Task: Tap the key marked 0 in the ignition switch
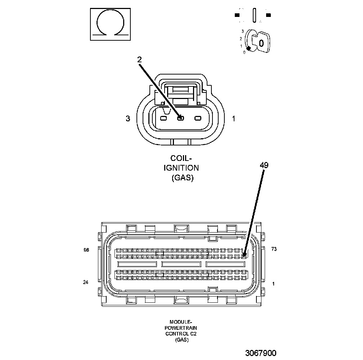[x=261, y=43]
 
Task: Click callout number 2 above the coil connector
[x=139, y=60]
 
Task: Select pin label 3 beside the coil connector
[x=128, y=118]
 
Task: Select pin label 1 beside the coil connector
[x=234, y=118]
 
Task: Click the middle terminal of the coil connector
[x=180, y=118]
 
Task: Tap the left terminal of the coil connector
[x=163, y=118]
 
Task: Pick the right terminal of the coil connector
[x=198, y=118]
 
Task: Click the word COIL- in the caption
[x=181, y=158]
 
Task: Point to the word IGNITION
[x=181, y=168]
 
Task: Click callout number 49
[x=264, y=166]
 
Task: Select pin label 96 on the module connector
[x=86, y=250]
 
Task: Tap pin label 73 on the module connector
[x=274, y=249]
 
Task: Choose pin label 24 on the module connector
[x=85, y=282]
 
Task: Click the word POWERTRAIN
[x=181, y=328]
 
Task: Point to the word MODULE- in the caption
[x=181, y=322]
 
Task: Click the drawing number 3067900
[x=261, y=353]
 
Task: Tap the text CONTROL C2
[x=181, y=334]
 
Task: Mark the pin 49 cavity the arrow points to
[x=244, y=256]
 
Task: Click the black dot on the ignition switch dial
[x=248, y=48]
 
